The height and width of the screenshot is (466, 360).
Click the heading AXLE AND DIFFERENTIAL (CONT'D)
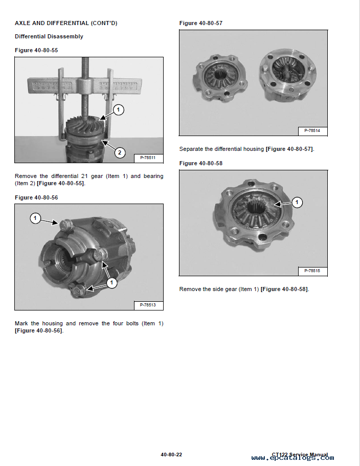click(x=66, y=23)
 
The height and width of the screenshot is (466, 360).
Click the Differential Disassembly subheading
click(x=49, y=36)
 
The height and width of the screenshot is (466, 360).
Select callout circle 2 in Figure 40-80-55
click(x=119, y=152)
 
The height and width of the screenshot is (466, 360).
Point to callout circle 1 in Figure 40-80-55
click(x=118, y=109)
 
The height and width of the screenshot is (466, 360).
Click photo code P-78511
click(x=148, y=158)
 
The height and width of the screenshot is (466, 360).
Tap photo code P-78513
click(x=148, y=305)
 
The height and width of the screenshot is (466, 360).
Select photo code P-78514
click(x=312, y=131)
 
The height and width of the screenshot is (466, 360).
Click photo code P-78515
click(x=312, y=271)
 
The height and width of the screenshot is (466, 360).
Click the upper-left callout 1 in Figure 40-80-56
click(x=35, y=218)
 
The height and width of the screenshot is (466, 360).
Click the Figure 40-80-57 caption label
click(x=201, y=23)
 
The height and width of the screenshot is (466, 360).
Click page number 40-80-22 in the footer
click(x=171, y=454)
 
